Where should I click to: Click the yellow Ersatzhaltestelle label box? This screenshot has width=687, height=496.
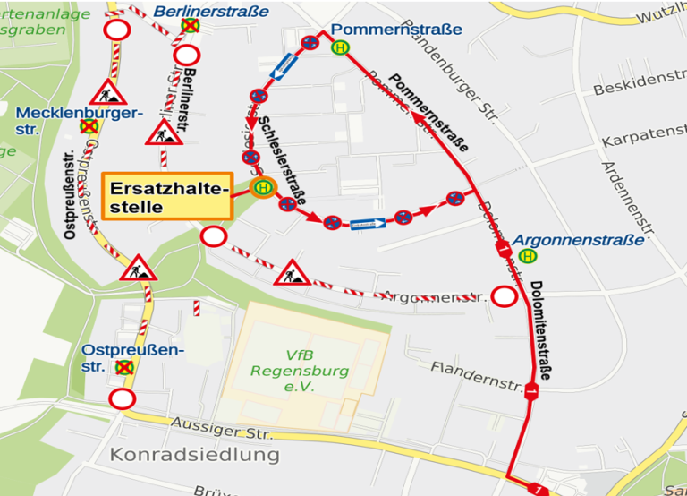[167, 195]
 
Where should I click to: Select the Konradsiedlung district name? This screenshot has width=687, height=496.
[195, 455]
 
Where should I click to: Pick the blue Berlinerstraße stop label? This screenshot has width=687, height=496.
[211, 11]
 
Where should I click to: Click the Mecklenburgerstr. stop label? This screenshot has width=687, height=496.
[80, 121]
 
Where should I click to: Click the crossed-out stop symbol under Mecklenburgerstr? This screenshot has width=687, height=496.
[89, 128]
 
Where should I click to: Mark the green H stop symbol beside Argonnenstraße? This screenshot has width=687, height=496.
[530, 255]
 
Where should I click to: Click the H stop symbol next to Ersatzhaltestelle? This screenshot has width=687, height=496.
[263, 187]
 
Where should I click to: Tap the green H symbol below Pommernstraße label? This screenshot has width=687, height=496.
[340, 48]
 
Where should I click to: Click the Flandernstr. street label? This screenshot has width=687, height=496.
[476, 377]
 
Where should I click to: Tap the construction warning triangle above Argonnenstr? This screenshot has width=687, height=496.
[291, 272]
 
